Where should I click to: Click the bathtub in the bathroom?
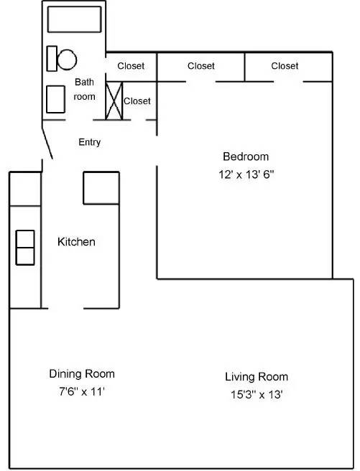[75, 19]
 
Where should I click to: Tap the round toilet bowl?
[68, 58]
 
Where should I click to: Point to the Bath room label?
[85, 89]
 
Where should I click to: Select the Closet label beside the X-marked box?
[137, 101]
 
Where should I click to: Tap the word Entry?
[89, 142]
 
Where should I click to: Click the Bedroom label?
[246, 157]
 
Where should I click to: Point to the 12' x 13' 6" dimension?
[246, 174]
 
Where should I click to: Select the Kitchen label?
[76, 242]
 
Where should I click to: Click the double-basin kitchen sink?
[25, 248]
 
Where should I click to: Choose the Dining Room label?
[81, 374]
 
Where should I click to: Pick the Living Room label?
[257, 377]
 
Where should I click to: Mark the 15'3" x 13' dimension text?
[257, 394]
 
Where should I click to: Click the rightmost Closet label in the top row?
[285, 66]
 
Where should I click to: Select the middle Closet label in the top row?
[201, 66]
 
